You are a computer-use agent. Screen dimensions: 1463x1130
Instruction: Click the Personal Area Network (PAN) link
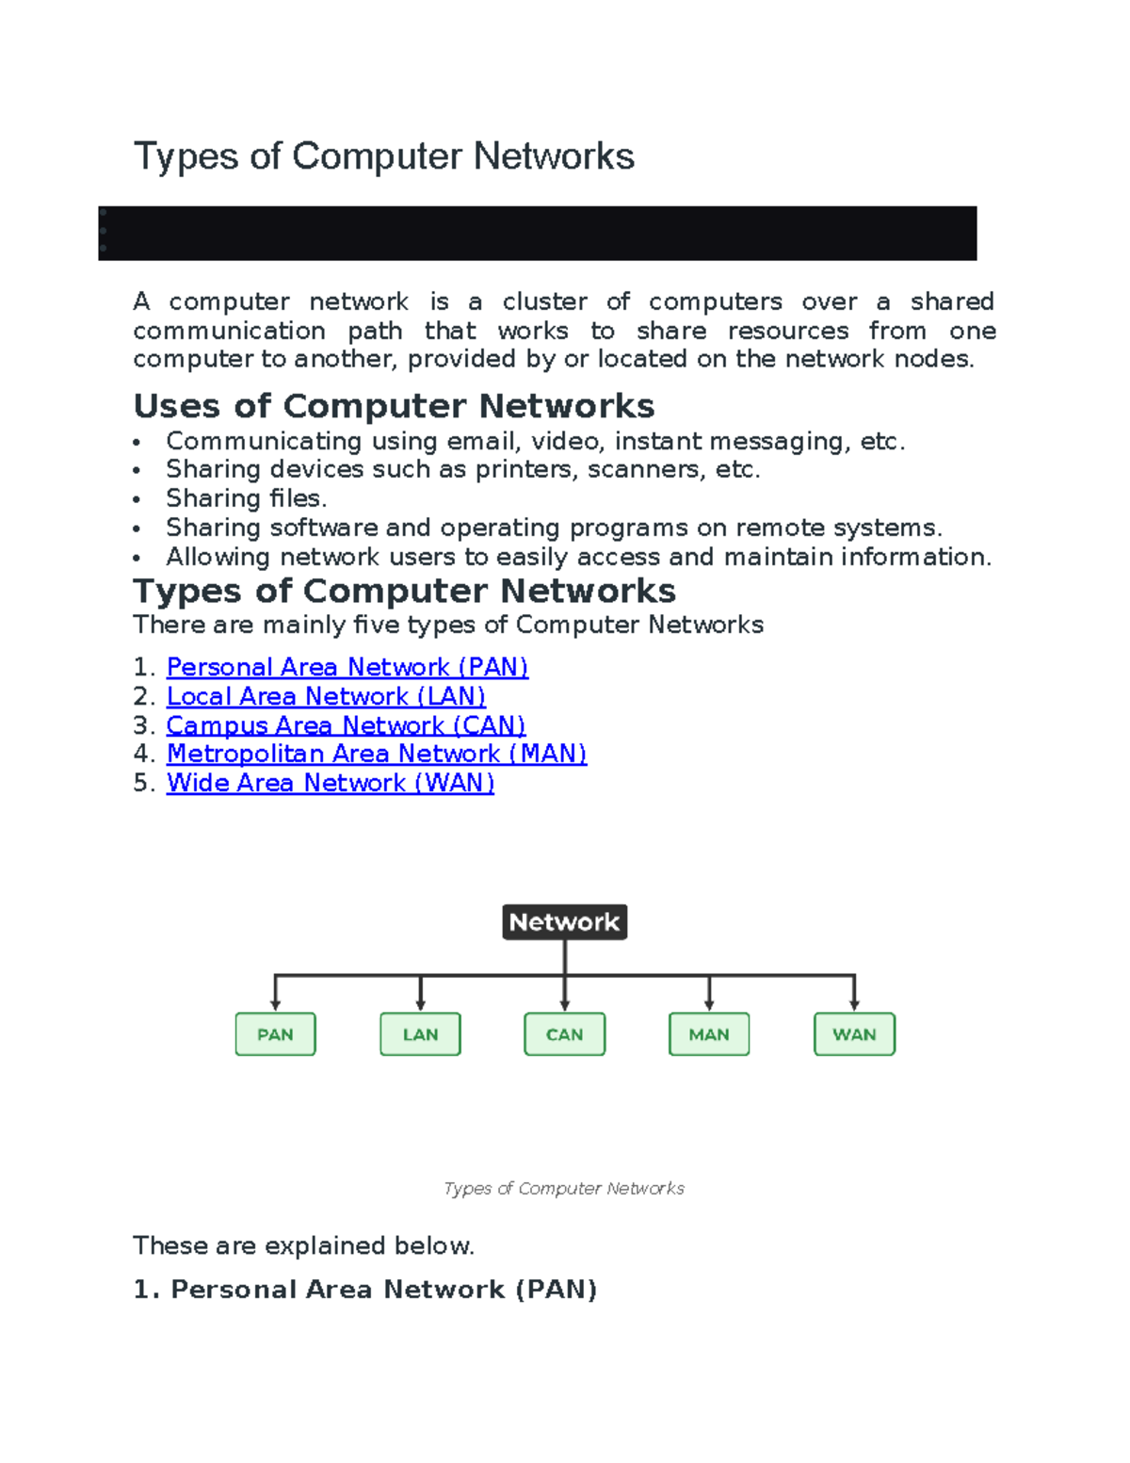pyautogui.click(x=347, y=667)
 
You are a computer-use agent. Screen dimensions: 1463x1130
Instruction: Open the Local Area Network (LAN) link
pyautogui.click(x=326, y=696)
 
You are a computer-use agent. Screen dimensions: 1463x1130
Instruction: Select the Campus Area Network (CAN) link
pyautogui.click(x=346, y=725)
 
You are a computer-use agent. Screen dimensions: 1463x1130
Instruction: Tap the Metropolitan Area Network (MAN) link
pyautogui.click(x=377, y=754)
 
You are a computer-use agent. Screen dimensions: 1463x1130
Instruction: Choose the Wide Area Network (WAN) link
pyautogui.click(x=330, y=783)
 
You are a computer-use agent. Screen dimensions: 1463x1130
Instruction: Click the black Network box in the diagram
pyautogui.click(x=564, y=921)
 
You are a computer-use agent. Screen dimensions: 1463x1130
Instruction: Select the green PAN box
pyautogui.click(x=275, y=1034)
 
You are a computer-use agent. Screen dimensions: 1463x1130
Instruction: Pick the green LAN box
pyautogui.click(x=420, y=1034)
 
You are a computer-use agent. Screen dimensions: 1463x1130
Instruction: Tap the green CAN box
pyautogui.click(x=564, y=1034)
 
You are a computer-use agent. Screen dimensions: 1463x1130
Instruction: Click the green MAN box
pyautogui.click(x=709, y=1034)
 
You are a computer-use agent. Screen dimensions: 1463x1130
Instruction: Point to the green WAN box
pyautogui.click(x=854, y=1034)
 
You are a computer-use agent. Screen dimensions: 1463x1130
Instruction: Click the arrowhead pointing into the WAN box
pyautogui.click(x=854, y=1005)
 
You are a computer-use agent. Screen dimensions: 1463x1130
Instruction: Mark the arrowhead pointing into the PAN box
pyautogui.click(x=275, y=1005)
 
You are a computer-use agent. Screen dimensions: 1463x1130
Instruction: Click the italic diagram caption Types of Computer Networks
pyautogui.click(x=563, y=1188)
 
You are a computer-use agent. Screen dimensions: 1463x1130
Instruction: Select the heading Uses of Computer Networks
pyautogui.click(x=394, y=406)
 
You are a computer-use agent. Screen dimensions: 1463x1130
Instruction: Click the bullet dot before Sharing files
pyautogui.click(x=137, y=499)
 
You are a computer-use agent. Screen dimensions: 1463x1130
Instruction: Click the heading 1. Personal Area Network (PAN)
pyautogui.click(x=364, y=1289)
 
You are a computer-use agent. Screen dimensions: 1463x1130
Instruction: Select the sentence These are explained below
pyautogui.click(x=303, y=1245)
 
